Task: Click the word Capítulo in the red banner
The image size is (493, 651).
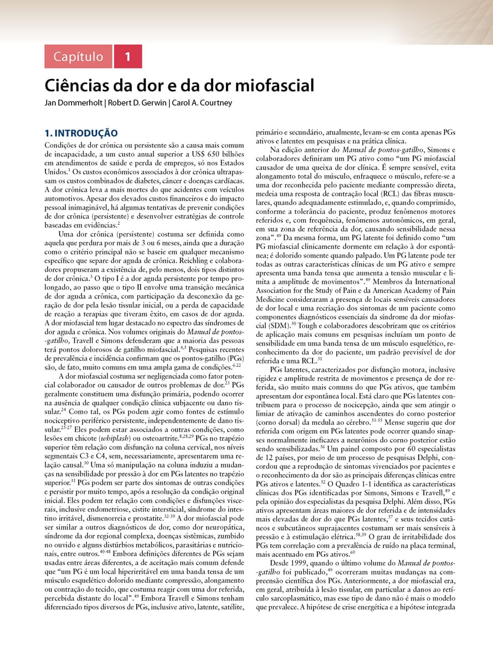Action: tap(78, 57)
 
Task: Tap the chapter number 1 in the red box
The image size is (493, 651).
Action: tap(128, 57)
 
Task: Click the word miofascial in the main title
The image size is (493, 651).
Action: tap(274, 86)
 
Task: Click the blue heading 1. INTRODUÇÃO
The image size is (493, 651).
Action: tap(81, 133)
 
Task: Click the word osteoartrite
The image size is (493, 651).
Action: tap(161, 438)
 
